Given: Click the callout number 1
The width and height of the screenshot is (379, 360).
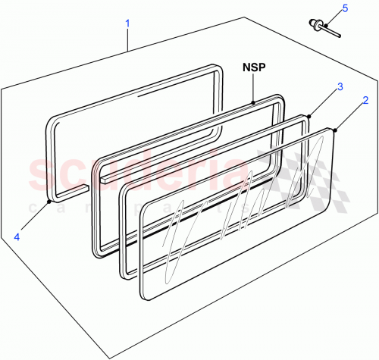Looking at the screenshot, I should pos(127,23).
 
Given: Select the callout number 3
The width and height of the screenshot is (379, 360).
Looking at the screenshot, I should pos(340,86).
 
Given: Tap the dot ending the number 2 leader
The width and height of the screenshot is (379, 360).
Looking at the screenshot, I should pos(334,130).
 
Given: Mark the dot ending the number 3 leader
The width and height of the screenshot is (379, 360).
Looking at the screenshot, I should pos(309,117).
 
